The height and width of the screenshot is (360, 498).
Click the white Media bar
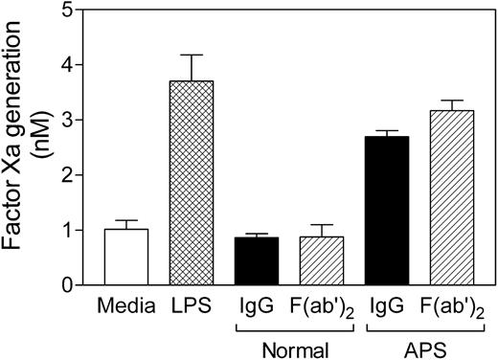(126, 257)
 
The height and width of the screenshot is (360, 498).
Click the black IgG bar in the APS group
(387, 211)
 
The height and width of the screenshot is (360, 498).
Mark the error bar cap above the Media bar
(126, 220)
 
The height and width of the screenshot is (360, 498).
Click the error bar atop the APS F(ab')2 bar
(452, 101)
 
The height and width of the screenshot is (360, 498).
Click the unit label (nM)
(41, 144)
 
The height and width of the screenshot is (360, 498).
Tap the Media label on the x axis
(126, 308)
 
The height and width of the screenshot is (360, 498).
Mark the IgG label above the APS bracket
(387, 308)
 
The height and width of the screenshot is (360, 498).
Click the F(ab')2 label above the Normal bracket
(322, 308)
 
